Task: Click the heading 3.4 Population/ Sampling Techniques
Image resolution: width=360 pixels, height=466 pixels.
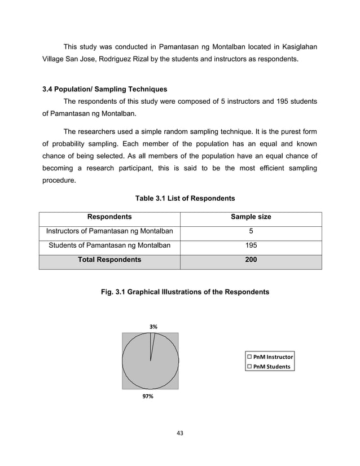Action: [104, 89]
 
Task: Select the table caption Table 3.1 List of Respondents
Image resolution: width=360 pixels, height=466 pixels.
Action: [185, 199]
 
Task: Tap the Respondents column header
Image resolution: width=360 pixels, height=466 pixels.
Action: [109, 217]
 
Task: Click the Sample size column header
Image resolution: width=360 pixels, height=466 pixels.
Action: [251, 217]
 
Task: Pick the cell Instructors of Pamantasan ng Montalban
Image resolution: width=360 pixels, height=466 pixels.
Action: [109, 231]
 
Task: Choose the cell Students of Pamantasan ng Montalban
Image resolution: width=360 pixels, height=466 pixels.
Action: [109, 245]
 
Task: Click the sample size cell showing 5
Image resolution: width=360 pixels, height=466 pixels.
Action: [251, 231]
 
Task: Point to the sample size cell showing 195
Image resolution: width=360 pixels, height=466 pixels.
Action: [251, 245]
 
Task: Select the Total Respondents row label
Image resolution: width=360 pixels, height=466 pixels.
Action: [109, 260]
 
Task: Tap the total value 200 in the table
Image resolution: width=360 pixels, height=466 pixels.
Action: [251, 260]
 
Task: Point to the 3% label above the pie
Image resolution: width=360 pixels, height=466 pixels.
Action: [153, 327]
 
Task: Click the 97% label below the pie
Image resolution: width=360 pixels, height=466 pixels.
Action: [148, 397]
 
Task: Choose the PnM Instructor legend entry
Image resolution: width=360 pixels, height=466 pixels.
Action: [270, 357]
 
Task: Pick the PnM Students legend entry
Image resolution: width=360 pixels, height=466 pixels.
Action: [269, 367]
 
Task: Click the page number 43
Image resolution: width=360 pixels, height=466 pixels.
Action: [180, 433]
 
